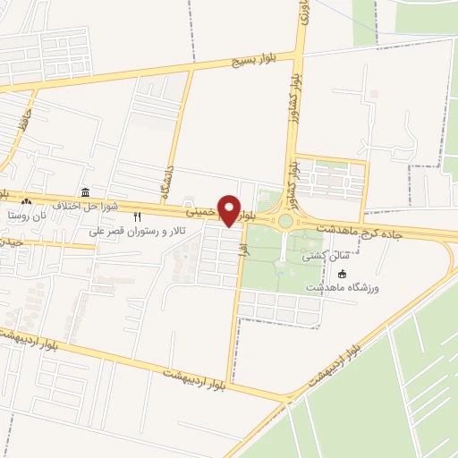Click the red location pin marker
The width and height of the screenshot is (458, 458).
(230, 210)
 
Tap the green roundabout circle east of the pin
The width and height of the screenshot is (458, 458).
(285, 221)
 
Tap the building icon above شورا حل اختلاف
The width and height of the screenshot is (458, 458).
(85, 192)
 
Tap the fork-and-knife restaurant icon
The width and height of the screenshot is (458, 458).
(137, 216)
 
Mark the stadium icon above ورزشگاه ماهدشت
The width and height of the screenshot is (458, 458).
(341, 273)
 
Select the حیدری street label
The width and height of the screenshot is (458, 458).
(11, 242)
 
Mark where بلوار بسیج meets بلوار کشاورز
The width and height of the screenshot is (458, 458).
(299, 52)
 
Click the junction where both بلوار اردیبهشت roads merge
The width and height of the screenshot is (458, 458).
(289, 396)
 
